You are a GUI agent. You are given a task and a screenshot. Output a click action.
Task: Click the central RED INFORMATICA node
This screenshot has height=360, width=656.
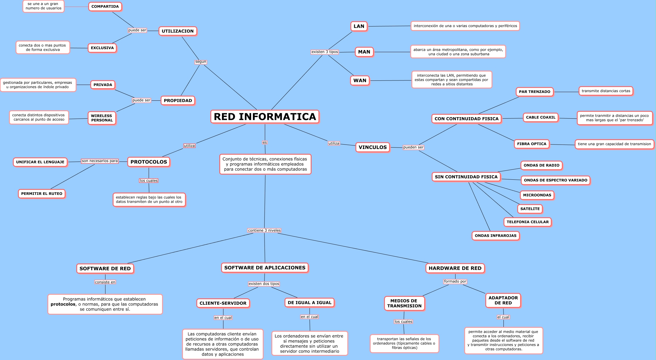click(x=265, y=117)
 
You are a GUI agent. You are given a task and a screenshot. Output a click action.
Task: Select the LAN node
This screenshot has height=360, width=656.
click(x=359, y=26)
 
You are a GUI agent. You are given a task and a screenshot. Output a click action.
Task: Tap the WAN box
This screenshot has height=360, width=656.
click(x=360, y=80)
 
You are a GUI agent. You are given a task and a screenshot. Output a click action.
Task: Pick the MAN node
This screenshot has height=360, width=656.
click(x=364, y=52)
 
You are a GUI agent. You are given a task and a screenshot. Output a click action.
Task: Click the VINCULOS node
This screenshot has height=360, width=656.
click(x=372, y=147)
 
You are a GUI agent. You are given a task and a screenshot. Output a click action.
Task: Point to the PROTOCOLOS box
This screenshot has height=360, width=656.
click(x=149, y=162)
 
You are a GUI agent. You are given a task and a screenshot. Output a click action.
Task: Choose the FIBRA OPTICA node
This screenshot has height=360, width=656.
click(x=531, y=144)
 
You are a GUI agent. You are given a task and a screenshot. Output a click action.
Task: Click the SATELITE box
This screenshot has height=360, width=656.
click(x=530, y=209)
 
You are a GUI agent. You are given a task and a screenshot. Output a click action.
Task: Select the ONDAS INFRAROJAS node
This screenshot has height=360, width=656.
click(x=495, y=236)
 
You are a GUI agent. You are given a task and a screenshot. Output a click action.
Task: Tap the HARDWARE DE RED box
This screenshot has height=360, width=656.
click(x=455, y=268)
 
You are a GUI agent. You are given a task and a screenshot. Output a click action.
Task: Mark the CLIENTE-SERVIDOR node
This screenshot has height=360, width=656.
click(x=223, y=303)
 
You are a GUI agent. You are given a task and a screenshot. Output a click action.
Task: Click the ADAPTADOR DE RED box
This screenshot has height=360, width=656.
click(x=503, y=300)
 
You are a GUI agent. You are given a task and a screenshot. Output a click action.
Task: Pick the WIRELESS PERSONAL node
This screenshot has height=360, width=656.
click(x=102, y=118)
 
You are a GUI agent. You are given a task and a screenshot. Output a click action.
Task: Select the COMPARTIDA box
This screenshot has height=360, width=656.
click(x=105, y=7)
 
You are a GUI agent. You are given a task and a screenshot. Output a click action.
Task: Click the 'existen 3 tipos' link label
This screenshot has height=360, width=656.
click(x=325, y=52)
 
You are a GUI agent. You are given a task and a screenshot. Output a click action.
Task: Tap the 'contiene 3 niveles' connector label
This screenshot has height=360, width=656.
click(x=264, y=230)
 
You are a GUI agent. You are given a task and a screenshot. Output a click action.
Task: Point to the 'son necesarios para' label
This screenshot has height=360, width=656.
click(x=100, y=161)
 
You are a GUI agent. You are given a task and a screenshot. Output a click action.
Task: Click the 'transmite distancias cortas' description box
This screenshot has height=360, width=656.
click(x=606, y=91)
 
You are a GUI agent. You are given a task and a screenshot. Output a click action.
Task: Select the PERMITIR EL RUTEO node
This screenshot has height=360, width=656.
click(x=42, y=194)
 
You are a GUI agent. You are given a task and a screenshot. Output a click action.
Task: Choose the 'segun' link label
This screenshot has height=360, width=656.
click(x=200, y=62)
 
